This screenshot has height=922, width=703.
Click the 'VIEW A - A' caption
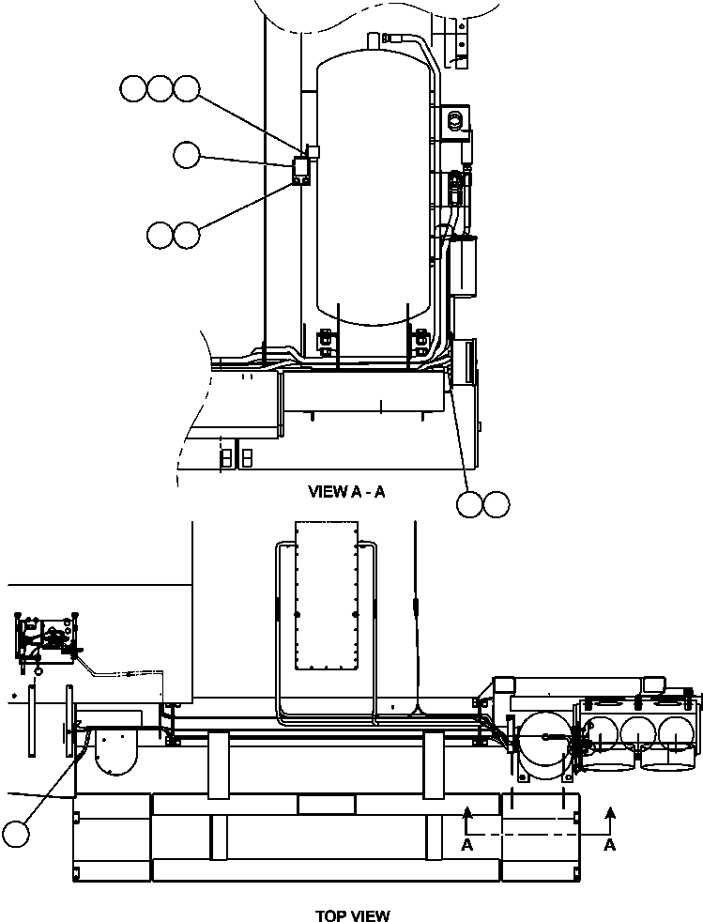(x=346, y=492)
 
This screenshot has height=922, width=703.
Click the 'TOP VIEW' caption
(x=352, y=915)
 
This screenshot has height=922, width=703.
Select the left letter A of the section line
(x=466, y=845)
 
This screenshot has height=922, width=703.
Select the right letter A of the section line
(x=609, y=845)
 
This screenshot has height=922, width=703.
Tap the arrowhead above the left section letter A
(x=466, y=812)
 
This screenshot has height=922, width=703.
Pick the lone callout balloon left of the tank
(x=187, y=155)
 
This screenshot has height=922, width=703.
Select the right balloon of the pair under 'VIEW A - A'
(x=497, y=504)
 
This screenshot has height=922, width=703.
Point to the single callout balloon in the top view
(x=16, y=832)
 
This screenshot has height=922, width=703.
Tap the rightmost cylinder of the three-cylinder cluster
(x=676, y=732)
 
